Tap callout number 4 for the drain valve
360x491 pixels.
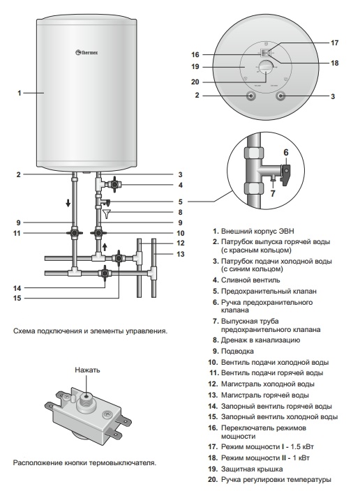179,185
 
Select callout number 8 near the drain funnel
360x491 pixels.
179,211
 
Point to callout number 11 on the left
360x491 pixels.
20,233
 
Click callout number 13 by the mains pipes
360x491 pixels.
179,254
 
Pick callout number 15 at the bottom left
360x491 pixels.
20,299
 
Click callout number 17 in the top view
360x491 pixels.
335,43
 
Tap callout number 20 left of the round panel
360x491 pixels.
195,81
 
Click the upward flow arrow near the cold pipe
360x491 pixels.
105,247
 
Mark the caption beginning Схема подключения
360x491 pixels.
90,331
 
